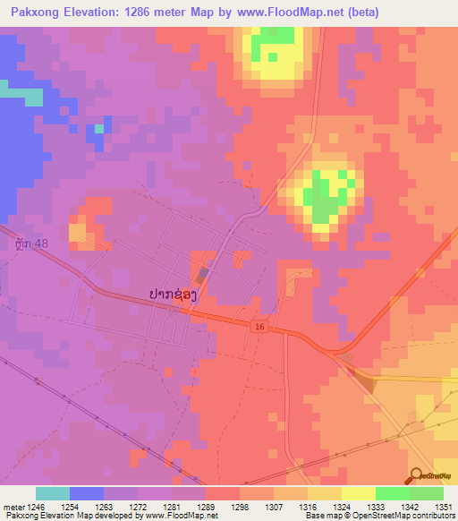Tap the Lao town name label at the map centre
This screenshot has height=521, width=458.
tap(170, 294)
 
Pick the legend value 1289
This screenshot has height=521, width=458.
tap(222, 506)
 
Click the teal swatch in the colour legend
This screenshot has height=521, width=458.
tap(53, 493)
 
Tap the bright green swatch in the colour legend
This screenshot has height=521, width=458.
tap(392, 493)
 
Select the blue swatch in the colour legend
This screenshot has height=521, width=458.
tap(87, 493)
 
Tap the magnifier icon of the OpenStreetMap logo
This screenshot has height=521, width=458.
tap(416, 477)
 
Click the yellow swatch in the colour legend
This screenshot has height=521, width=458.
tap(358, 493)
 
